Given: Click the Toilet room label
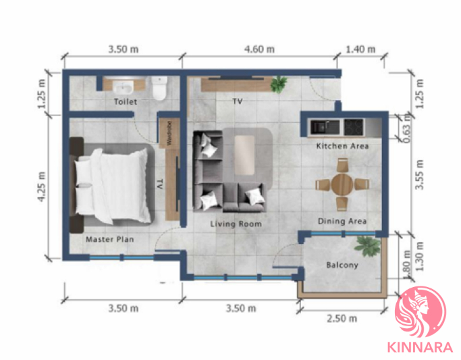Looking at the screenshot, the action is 126,102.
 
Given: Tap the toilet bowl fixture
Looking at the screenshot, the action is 160,88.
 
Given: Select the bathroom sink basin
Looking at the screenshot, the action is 124,87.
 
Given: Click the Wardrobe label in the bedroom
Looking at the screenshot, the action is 169,133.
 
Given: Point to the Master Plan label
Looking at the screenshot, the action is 109,239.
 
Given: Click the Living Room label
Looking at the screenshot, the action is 236,224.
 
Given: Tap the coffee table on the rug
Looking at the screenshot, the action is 244,155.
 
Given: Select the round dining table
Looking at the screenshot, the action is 342,184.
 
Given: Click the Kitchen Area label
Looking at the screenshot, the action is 342,146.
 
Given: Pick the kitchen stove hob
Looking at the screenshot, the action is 354,127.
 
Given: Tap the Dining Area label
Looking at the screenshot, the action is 342,221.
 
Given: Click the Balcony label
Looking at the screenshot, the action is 342,265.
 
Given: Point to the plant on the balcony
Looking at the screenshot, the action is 367,246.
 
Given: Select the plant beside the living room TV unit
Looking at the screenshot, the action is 279,84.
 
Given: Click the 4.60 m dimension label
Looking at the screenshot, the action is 259,49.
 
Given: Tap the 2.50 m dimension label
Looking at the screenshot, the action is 342,319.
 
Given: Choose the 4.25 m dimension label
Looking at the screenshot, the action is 42,187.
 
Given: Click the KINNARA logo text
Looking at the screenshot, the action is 420,347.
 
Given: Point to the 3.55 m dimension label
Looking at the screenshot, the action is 419,175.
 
